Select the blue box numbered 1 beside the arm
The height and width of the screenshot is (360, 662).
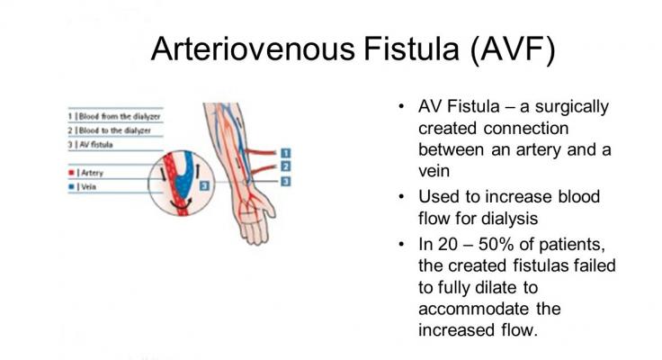(285, 152)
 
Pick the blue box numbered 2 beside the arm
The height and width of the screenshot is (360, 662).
(285, 166)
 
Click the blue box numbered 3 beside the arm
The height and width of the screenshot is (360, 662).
(285, 181)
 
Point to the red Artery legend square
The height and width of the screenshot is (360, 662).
(70, 170)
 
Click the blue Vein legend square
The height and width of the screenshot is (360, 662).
(70, 185)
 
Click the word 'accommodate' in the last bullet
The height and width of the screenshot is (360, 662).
(476, 309)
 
